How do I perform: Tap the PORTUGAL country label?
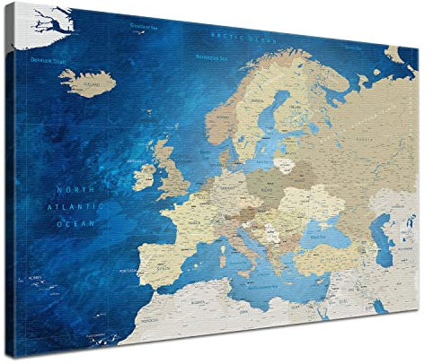[126, 270]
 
